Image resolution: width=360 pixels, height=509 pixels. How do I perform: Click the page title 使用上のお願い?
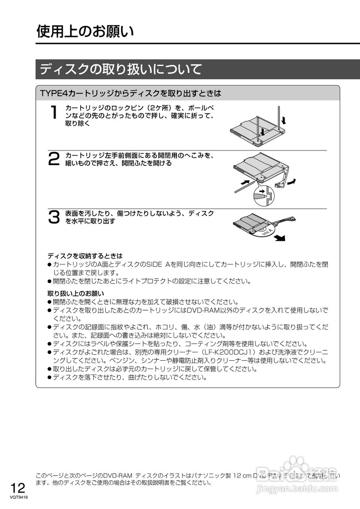85,31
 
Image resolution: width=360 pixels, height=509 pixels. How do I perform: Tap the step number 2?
54,159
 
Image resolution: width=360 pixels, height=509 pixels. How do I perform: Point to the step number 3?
54,217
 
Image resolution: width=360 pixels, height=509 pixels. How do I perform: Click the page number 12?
18,488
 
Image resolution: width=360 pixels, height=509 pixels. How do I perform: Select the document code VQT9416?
19,497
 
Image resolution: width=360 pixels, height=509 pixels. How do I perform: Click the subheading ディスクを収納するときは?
85,256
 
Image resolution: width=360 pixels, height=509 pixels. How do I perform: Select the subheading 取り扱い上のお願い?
76,294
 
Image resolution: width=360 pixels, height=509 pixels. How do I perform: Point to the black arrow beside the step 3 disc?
281,237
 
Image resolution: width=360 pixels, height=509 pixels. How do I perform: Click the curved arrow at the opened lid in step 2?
292,181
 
